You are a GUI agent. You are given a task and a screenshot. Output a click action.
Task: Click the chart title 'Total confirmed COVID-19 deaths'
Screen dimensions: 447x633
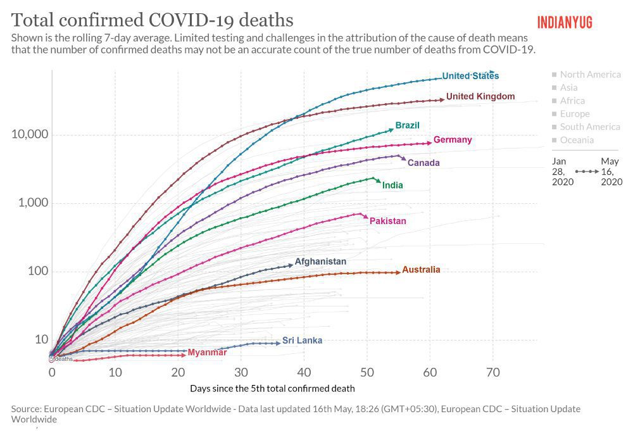tap(152, 19)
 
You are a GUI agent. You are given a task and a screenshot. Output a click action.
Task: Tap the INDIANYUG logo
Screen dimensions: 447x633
tap(565, 22)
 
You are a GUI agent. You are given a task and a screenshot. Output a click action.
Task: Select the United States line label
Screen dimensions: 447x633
tap(470, 76)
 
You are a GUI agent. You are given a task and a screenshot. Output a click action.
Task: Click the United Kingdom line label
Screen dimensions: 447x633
tap(480, 96)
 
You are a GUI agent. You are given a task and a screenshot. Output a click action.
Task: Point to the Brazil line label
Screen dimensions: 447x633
tap(407, 125)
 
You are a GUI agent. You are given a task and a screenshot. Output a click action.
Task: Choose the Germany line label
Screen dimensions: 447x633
tap(452, 139)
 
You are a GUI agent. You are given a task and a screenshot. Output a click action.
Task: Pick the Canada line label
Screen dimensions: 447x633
tap(423, 163)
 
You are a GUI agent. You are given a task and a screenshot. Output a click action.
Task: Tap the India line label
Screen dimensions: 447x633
tap(392, 186)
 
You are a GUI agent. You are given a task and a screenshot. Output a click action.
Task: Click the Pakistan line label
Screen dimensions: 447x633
tap(387, 221)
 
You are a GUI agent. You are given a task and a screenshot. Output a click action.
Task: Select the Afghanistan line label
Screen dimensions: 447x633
tap(320, 261)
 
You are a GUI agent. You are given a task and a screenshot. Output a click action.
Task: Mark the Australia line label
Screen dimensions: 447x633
tap(421, 270)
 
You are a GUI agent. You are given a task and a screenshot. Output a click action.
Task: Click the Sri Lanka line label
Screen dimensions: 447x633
tap(302, 340)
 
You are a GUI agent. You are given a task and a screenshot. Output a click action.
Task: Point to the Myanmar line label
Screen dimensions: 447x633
tap(207, 352)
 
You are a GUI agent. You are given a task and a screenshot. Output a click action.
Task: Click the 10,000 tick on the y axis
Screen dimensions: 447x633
tap(30, 135)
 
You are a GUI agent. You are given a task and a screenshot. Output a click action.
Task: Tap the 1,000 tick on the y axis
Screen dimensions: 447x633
tap(32, 203)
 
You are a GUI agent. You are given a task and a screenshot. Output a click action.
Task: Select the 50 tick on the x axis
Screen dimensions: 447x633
tap(367, 372)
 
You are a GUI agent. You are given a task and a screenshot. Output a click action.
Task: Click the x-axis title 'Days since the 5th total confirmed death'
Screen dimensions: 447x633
tap(272, 388)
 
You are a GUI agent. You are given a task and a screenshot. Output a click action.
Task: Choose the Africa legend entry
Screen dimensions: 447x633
tap(572, 101)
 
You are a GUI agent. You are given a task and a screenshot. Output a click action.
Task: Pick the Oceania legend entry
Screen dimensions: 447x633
tap(576, 141)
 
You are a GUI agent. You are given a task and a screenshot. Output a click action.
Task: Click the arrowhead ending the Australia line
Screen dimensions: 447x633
tap(398, 272)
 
